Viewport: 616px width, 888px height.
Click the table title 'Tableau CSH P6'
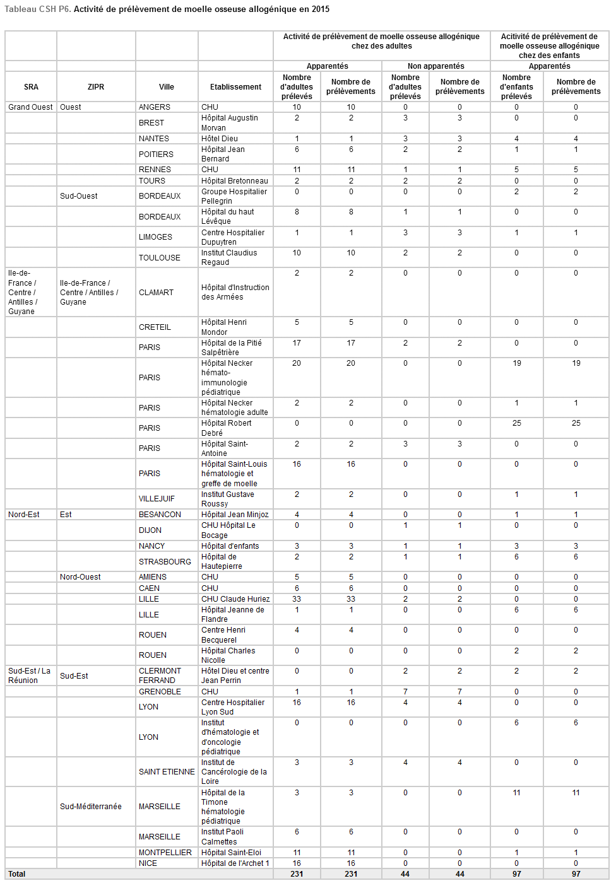click(37, 9)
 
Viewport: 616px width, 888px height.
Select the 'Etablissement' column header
click(235, 87)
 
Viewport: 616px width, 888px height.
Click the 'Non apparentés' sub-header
click(435, 66)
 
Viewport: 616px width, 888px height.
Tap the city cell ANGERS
click(155, 107)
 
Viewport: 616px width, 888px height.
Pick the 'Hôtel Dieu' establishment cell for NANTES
click(220, 139)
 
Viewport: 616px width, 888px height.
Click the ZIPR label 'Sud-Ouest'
click(79, 196)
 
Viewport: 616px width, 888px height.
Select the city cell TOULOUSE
click(160, 258)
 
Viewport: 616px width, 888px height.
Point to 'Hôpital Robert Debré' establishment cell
click(226, 428)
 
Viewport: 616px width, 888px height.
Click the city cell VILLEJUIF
click(157, 499)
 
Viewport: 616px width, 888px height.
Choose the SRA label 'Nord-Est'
click(24, 515)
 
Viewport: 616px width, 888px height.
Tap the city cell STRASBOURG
click(165, 562)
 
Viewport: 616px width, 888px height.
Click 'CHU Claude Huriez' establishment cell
click(235, 599)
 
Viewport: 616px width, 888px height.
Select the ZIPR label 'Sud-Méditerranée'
click(91, 807)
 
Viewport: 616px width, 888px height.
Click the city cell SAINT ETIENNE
click(167, 772)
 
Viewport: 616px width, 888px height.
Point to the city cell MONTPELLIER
click(165, 853)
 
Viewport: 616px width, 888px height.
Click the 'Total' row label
click(17, 874)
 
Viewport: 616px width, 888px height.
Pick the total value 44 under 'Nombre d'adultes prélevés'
click(405, 874)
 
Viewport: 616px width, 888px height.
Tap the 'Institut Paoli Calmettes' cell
click(222, 837)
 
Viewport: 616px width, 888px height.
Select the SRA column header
click(31, 87)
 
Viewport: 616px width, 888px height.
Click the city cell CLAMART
click(156, 293)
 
